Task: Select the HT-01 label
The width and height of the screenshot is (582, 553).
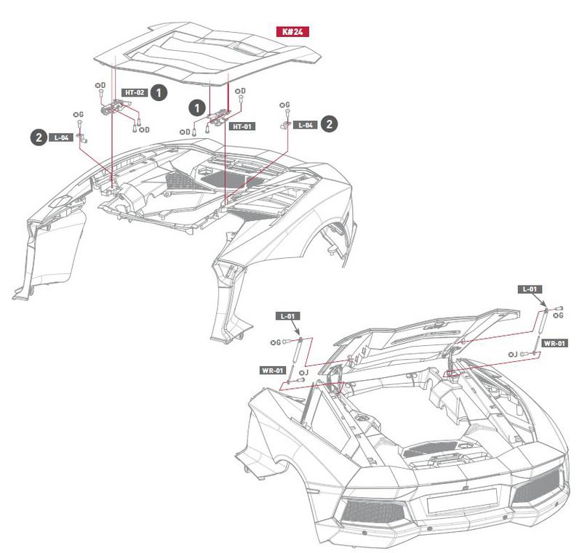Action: point(242,126)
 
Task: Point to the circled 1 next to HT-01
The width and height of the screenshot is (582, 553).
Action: point(196,107)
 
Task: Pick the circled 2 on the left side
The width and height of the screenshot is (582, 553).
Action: point(36,136)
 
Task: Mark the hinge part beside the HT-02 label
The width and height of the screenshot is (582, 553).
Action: point(112,108)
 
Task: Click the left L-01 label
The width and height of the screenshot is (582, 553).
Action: point(289,316)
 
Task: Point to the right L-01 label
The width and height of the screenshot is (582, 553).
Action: point(531,288)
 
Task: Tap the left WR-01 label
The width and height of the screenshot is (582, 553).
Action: point(272,371)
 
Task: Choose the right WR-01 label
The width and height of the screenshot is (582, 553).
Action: point(555,342)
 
